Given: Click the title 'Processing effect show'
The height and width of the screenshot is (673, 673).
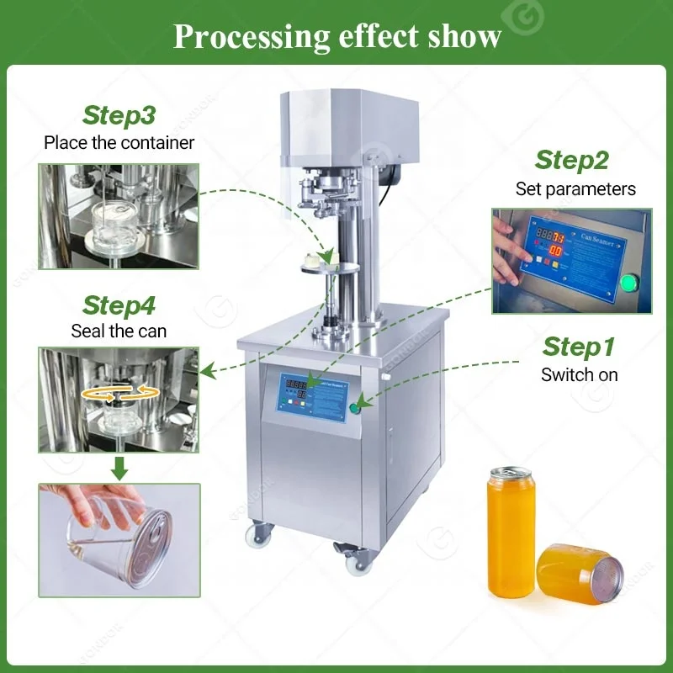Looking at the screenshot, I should [336, 36].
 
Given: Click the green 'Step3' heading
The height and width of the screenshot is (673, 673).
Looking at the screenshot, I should [119, 115].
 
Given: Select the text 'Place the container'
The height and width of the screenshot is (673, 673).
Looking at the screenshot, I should [119, 142].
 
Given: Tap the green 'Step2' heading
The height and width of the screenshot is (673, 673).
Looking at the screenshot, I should [571, 160].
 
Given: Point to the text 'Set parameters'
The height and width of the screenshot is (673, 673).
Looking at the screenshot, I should [575, 188].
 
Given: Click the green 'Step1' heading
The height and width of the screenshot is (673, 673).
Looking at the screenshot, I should [578, 346].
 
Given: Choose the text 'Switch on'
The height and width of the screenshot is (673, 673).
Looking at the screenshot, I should [579, 374].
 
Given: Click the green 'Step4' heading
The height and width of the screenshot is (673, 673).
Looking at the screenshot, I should [119, 305].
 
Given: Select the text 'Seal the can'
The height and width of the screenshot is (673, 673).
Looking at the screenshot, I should [119, 331].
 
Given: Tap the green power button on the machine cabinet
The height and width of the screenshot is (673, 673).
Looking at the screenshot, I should [356, 407].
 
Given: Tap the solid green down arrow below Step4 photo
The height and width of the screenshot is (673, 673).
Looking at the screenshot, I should [119, 468].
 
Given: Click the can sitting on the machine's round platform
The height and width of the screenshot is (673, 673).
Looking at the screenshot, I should [323, 260].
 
